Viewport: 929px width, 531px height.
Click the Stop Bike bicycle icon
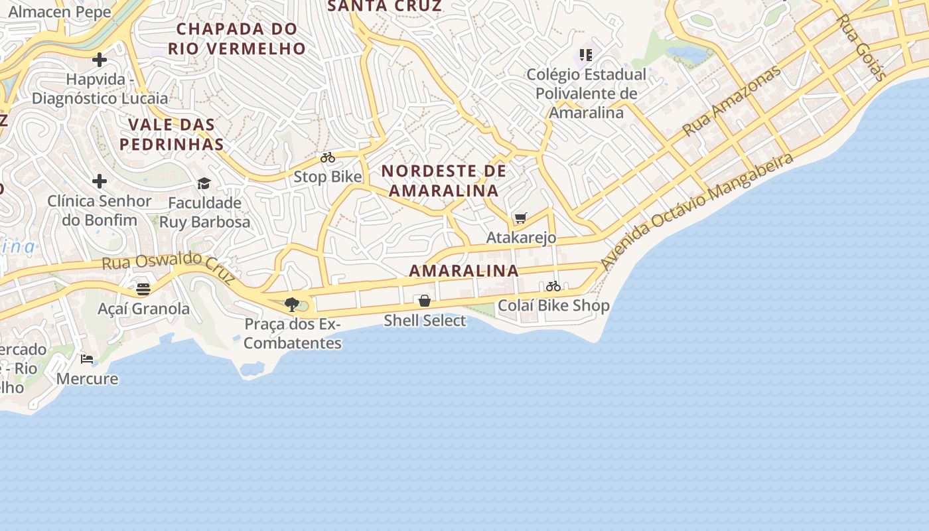tap(328, 158)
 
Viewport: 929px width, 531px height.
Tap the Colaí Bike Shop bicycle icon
tap(553, 286)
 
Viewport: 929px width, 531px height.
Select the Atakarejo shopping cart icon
tap(521, 218)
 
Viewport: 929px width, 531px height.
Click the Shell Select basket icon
tap(425, 301)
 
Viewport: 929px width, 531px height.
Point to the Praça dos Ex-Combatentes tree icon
tap(291, 305)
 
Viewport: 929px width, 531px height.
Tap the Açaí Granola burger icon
tap(143, 289)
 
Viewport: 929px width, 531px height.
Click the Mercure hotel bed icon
tap(87, 359)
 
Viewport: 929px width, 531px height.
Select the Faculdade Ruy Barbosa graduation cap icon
tap(204, 183)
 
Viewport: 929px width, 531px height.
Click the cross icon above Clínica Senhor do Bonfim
tap(100, 181)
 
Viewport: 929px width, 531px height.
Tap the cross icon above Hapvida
tap(100, 60)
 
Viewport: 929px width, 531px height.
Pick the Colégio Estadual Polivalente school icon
tap(586, 54)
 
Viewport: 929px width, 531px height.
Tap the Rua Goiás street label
tap(861, 48)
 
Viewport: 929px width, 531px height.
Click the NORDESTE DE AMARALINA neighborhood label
tap(444, 181)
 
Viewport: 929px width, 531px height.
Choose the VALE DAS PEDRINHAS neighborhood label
tap(172, 134)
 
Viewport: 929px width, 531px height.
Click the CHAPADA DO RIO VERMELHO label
tap(237, 38)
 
